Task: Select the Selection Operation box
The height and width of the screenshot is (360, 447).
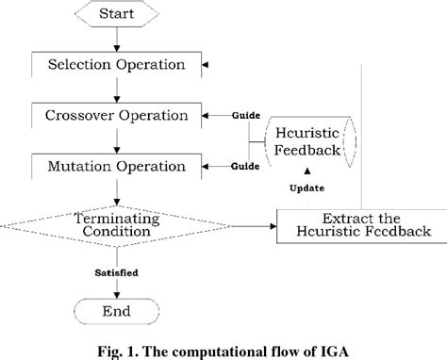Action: tap(115, 66)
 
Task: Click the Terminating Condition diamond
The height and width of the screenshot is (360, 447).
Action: tap(115, 225)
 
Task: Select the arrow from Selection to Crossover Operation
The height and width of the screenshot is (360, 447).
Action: tap(115, 90)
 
